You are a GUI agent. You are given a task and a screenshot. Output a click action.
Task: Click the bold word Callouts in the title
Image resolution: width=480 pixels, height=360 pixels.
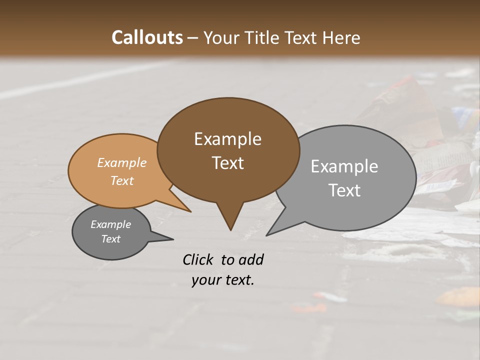coord(147,38)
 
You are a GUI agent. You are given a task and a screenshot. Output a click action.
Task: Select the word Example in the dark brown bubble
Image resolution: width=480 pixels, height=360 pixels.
coord(227,139)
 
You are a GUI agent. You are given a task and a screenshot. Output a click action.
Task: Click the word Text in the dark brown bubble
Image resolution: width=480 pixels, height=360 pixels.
coord(227,163)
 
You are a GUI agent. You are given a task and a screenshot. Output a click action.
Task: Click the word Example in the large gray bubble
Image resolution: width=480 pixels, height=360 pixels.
coord(344,166)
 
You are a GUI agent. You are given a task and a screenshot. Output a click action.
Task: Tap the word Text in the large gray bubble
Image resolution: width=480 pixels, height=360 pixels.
coord(344,190)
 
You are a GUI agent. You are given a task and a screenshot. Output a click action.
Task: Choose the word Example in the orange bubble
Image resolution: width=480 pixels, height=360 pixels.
coord(122,163)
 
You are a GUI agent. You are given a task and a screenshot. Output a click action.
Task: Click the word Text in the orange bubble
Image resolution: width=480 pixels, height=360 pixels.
coord(122,180)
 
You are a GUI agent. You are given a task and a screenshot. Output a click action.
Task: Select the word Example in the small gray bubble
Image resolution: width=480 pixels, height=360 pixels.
coord(110,224)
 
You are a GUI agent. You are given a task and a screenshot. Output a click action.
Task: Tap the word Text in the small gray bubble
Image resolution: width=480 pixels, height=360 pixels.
coord(110,239)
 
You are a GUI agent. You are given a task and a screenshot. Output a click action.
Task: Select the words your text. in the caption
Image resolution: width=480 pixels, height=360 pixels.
coord(223,280)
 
